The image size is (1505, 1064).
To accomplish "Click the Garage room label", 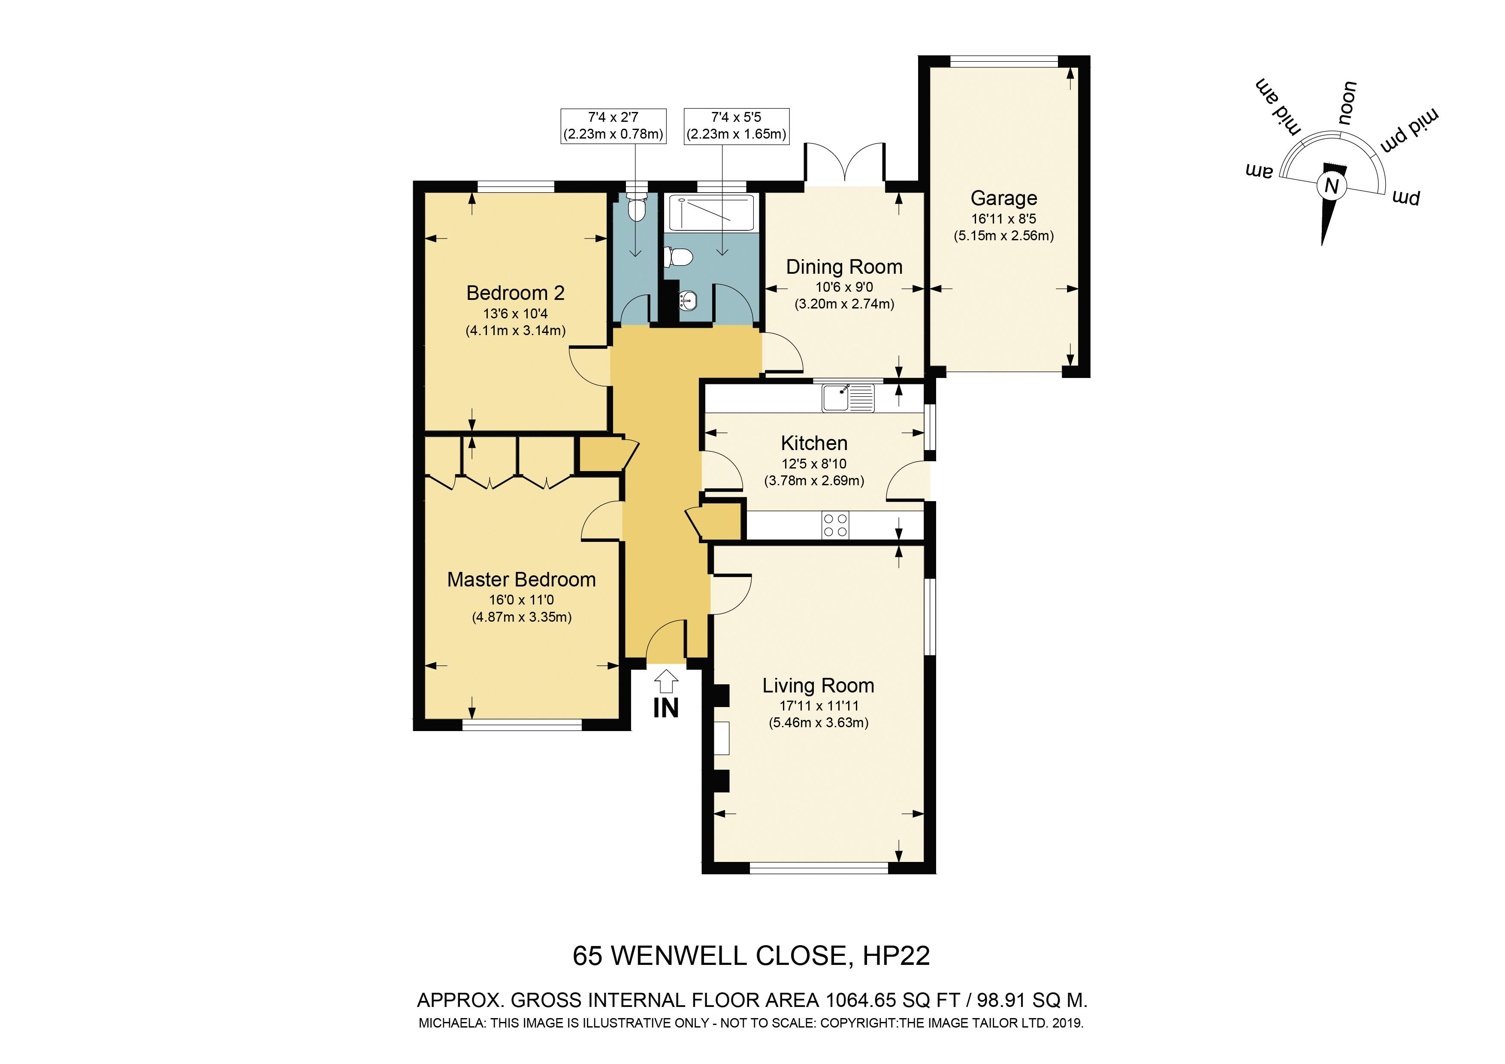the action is [1003, 198].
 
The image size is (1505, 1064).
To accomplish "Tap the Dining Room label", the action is [844, 267].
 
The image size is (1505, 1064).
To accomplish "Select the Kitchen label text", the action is [814, 443].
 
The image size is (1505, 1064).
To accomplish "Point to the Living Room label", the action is [818, 686].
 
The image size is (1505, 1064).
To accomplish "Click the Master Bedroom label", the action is [521, 580].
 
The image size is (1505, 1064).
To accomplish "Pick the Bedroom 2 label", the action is [515, 293].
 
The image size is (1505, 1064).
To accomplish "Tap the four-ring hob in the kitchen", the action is [835, 525].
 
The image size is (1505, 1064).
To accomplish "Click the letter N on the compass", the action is [1331, 187].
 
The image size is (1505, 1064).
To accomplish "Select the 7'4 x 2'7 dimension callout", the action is [613, 126].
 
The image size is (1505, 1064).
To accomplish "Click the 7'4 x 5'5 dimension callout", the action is [736, 126].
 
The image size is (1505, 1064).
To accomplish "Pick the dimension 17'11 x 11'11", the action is [819, 706].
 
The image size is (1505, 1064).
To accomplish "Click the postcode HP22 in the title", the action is [896, 956].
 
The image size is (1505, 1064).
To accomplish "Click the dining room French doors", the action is [846, 163].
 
